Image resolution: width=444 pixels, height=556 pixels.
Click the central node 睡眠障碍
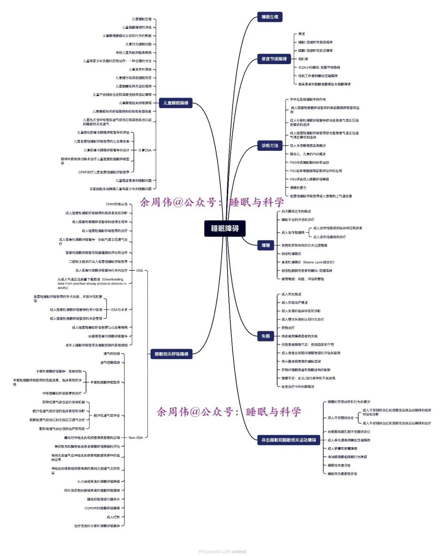(x=224, y=228)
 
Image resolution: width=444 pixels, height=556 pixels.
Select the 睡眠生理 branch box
(x=270, y=17)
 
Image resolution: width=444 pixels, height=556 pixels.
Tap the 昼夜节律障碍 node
(x=274, y=59)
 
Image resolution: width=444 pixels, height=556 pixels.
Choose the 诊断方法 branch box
(x=270, y=145)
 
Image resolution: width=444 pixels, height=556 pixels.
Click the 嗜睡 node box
(x=266, y=245)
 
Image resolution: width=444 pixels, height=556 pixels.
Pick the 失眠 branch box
(x=266, y=336)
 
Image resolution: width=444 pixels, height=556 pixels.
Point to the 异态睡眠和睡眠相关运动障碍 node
(x=289, y=440)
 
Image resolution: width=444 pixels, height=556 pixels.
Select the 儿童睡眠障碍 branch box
(x=176, y=103)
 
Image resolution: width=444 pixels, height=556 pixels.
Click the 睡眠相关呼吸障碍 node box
(x=171, y=354)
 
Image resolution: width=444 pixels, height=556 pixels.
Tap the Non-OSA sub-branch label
(x=136, y=438)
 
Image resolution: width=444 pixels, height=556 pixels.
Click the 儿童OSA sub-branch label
(x=145, y=150)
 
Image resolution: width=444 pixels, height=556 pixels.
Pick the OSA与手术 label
(x=119, y=310)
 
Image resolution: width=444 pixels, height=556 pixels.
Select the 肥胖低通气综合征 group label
(x=107, y=415)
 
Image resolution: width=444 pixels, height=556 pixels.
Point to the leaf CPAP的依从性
(x=117, y=204)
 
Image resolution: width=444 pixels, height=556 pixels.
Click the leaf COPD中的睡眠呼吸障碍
(x=102, y=508)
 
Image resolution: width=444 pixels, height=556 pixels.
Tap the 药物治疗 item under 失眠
(x=288, y=328)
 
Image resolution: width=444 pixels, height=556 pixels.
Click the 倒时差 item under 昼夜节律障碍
(x=303, y=59)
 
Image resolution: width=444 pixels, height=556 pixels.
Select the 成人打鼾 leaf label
(x=113, y=517)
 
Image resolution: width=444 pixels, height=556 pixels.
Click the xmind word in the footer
(x=239, y=551)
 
